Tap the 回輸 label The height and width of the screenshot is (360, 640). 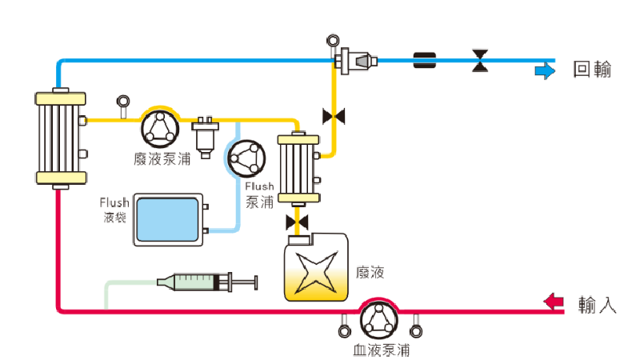pos(593,70)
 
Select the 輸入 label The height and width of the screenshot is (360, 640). pos(597,304)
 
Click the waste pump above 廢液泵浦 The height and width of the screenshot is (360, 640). pos(162,126)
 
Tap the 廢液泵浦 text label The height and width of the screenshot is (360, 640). pos(162,158)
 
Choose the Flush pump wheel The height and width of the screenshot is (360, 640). pos(244,158)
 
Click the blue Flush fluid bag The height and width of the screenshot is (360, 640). pos(167,218)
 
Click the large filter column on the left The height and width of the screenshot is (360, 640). pos(60,138)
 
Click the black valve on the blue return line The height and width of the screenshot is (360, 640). pos(480,60)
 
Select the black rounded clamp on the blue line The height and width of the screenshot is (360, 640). pos(424,60)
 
